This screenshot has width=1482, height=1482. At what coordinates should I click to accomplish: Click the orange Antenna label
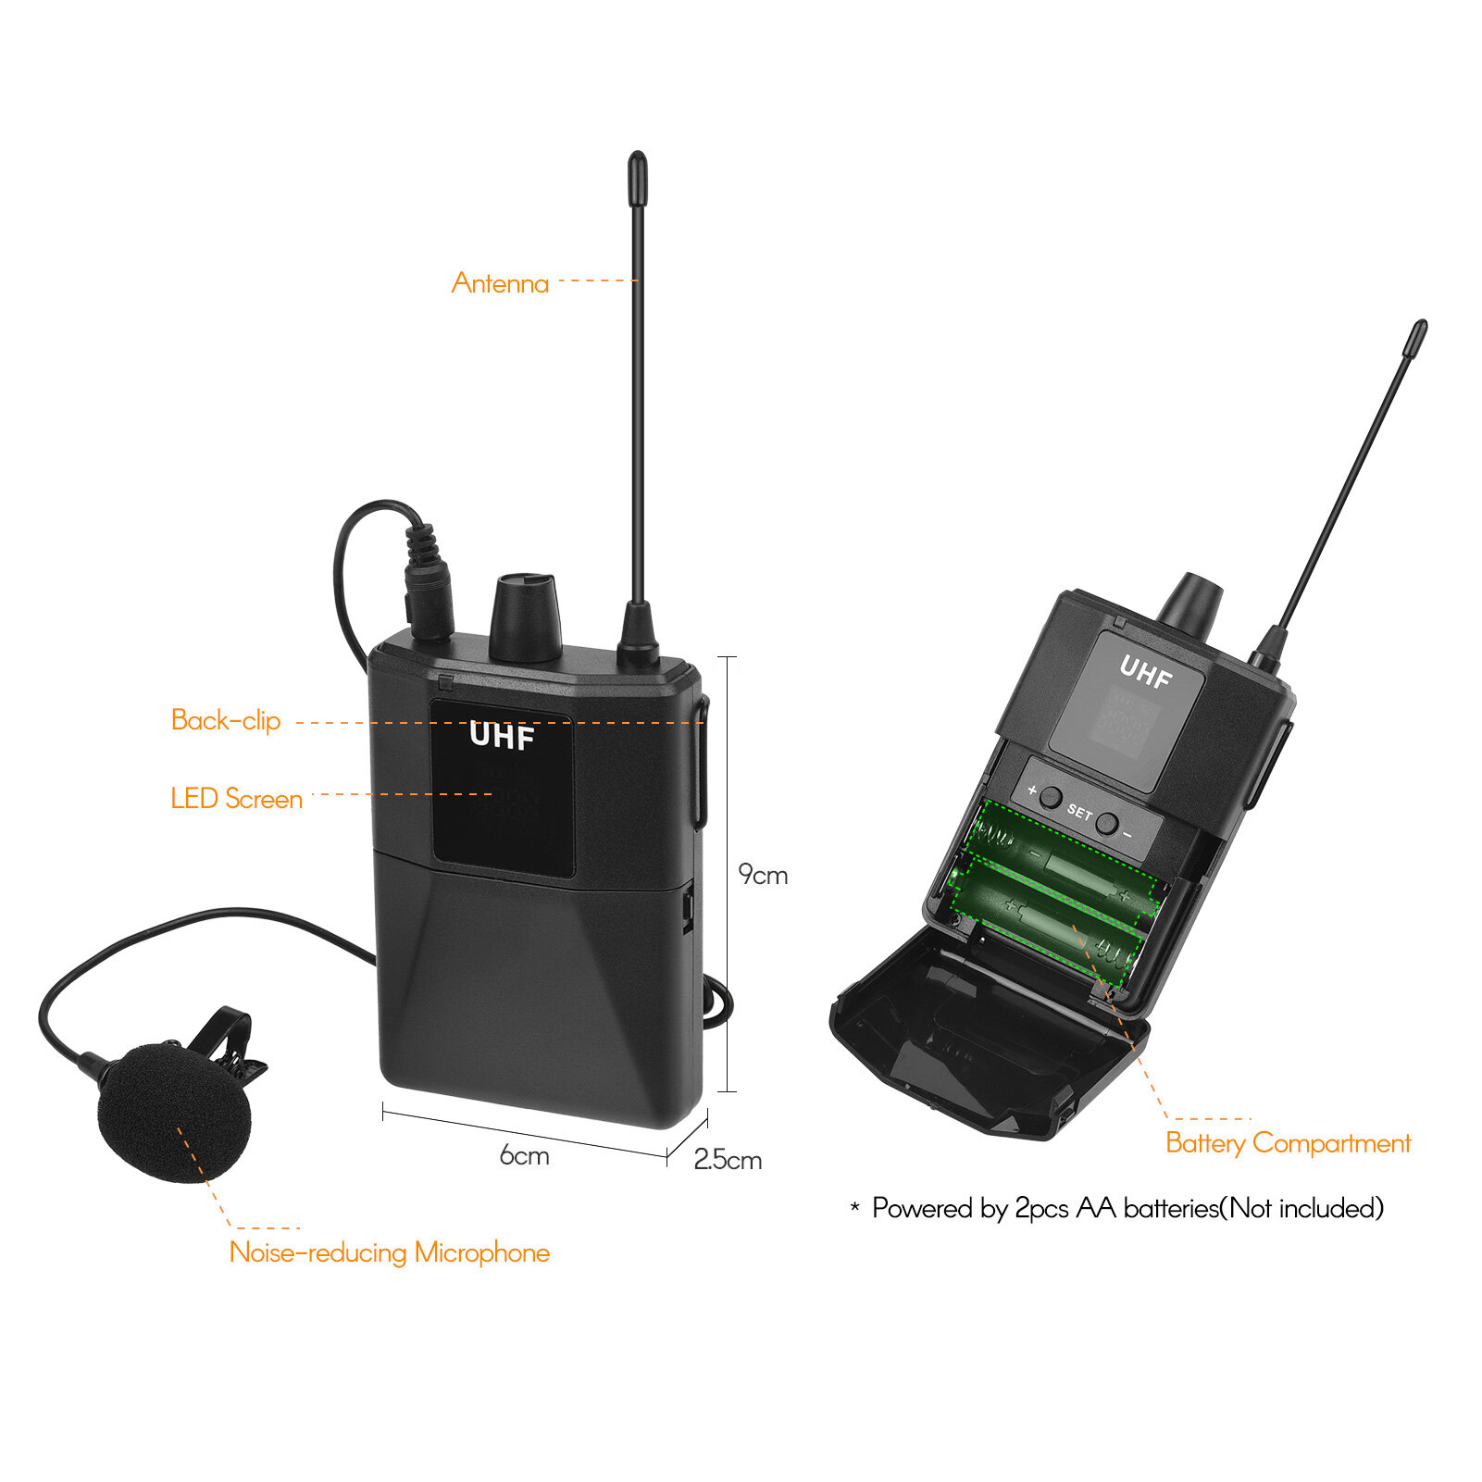(500, 282)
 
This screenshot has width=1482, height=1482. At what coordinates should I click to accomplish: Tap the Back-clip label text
(226, 720)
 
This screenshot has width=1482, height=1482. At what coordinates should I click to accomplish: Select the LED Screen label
(237, 799)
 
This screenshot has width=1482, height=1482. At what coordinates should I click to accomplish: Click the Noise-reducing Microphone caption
(389, 1252)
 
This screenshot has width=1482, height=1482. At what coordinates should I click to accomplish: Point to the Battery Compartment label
(1288, 1143)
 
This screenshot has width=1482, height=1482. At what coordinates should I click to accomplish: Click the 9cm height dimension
(763, 875)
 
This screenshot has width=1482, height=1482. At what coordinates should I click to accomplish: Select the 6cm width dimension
(524, 1155)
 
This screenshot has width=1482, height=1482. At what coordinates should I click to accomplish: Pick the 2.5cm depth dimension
(728, 1160)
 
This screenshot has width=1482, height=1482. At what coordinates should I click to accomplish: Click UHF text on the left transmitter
(502, 736)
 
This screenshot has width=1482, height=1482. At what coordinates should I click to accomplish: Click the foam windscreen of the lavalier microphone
(174, 1111)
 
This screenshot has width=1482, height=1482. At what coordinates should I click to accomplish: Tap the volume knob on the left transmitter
(525, 616)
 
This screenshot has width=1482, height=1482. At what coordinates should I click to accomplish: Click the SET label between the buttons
(1079, 812)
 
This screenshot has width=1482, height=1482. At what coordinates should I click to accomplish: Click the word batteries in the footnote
(1171, 1208)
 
